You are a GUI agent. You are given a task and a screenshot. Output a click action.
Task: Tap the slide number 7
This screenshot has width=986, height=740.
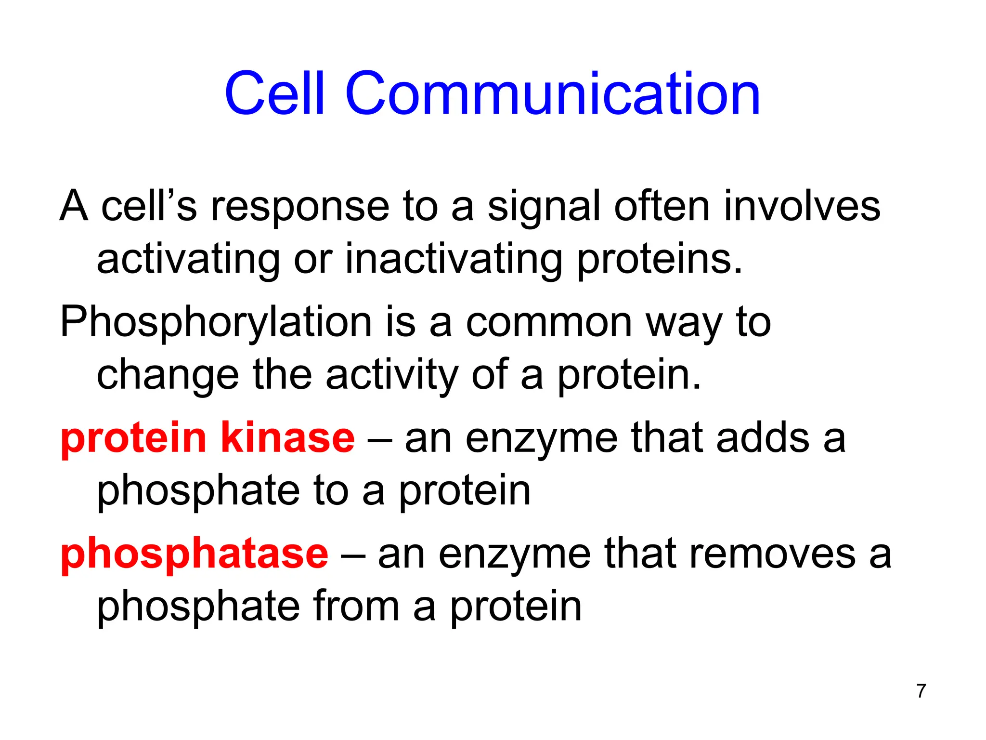pyautogui.click(x=921, y=691)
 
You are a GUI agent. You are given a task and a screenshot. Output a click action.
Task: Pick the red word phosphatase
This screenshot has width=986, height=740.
pyautogui.click(x=194, y=554)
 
